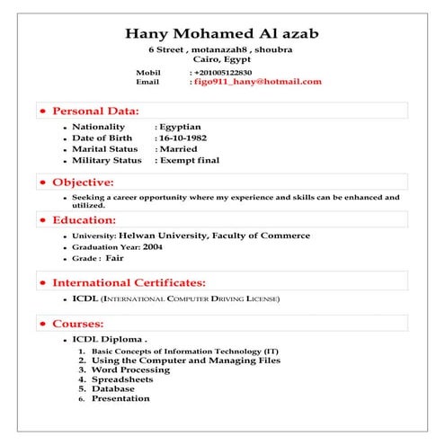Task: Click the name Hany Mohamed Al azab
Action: pos(221,34)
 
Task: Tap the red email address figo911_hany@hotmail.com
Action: pos(258,82)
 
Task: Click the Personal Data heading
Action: pos(95,111)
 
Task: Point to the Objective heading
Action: pos(82,182)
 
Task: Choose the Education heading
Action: pos(84,219)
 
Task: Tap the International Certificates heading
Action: pos(129,282)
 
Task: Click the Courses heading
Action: pos(78,323)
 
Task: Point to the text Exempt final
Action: pos(189,160)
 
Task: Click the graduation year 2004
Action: pos(153,246)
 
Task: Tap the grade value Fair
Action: pos(114,258)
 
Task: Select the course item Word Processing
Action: pos(130,369)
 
